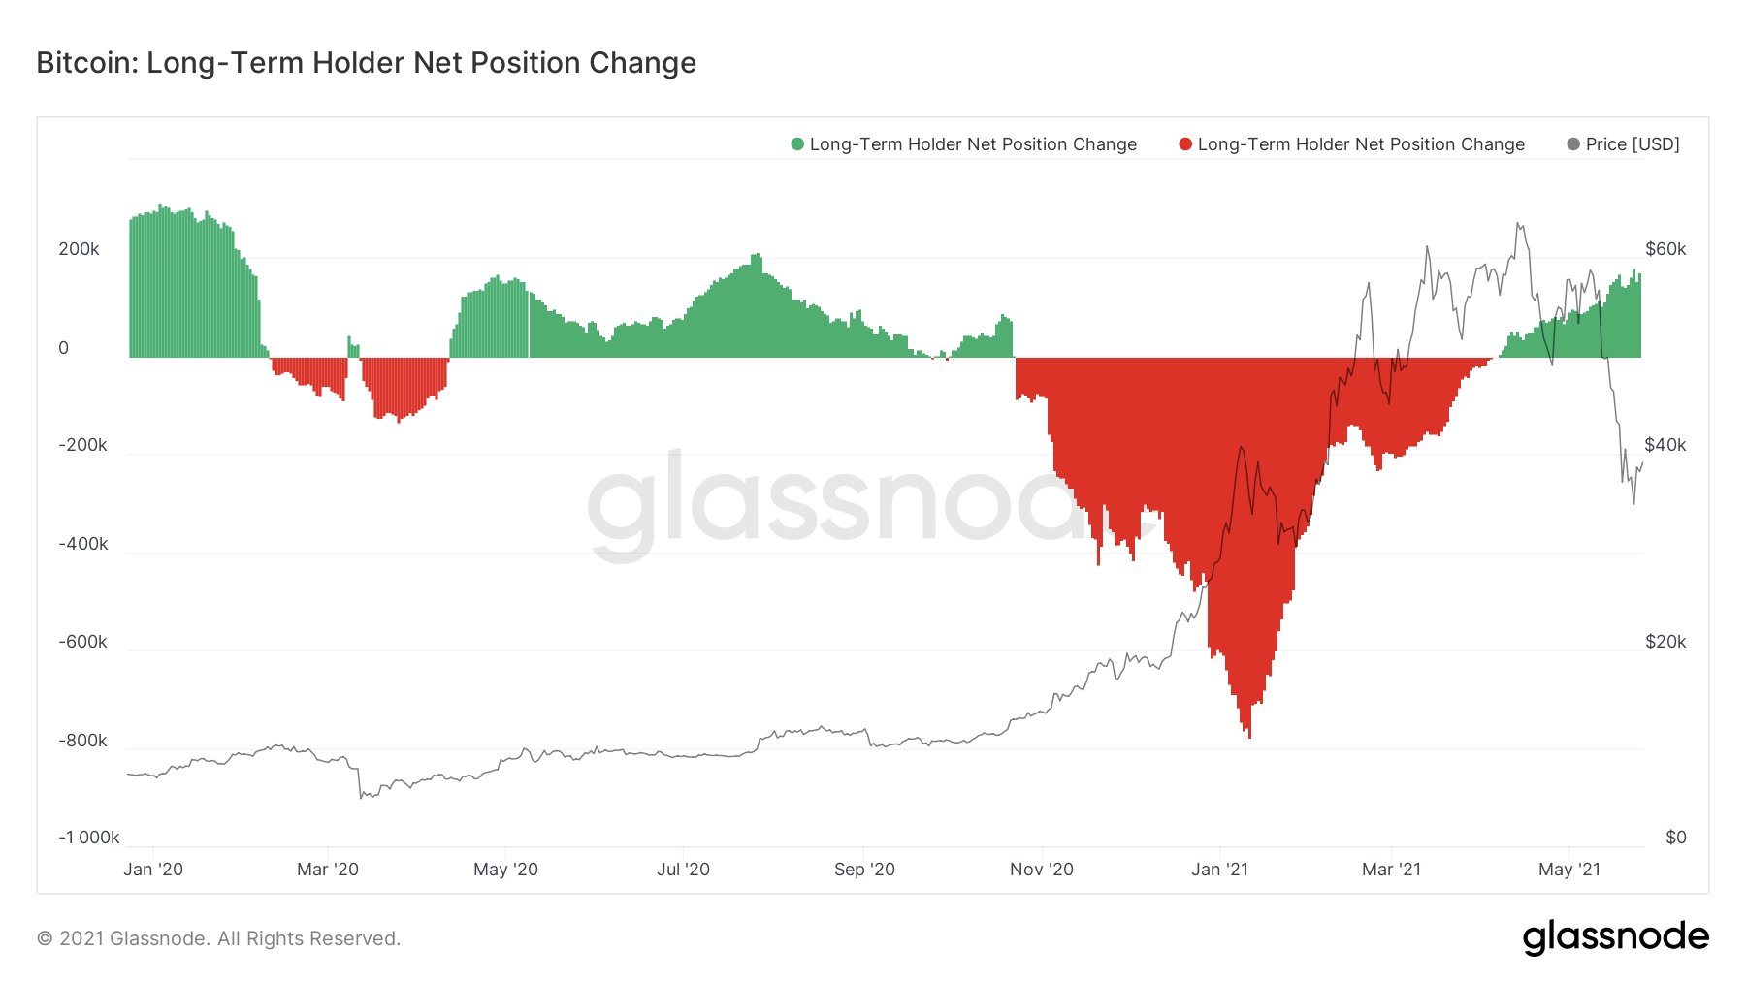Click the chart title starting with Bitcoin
point(366,63)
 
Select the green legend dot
point(797,144)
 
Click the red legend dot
point(1185,144)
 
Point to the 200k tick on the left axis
point(79,249)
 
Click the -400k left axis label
point(82,544)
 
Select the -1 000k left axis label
point(88,838)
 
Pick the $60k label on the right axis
point(1665,249)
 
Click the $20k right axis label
point(1665,642)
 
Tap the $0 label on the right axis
point(1675,838)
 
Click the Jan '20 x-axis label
point(153,870)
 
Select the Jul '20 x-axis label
point(683,870)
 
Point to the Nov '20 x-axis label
point(1041,870)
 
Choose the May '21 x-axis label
point(1568,870)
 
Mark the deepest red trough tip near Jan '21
point(1249,737)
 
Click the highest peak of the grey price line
point(1518,224)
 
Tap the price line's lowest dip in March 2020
point(361,798)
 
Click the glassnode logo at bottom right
point(1615,937)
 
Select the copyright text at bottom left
point(218,938)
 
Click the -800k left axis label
point(82,741)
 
